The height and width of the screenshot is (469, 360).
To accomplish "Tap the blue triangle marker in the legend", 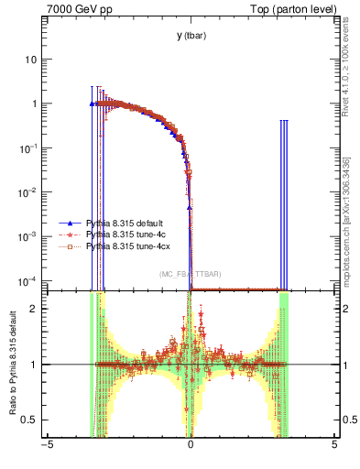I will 70,223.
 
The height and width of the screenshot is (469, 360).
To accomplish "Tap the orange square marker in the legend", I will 70,246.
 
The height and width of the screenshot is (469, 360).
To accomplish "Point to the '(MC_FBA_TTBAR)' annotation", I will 191,274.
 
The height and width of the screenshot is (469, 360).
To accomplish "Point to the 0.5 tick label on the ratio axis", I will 30,420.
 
